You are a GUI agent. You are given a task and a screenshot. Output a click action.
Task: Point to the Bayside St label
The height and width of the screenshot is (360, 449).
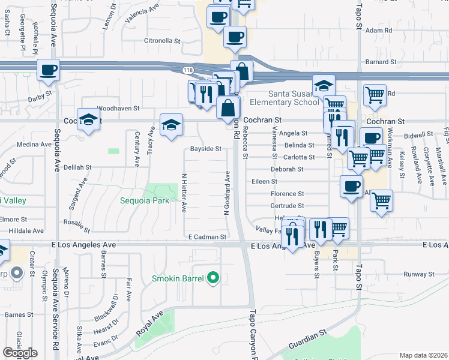click(x=206, y=149)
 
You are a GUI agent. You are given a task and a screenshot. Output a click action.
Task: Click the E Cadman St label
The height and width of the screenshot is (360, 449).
click(x=206, y=238)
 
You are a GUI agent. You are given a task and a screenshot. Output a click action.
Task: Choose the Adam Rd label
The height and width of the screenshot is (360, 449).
click(x=378, y=30)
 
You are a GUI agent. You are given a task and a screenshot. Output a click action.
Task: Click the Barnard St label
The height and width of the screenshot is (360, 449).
click(x=381, y=62)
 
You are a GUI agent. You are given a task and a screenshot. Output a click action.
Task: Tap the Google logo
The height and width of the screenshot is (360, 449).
click(x=20, y=353)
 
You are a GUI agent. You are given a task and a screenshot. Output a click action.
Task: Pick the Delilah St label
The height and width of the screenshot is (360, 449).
click(x=77, y=167)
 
